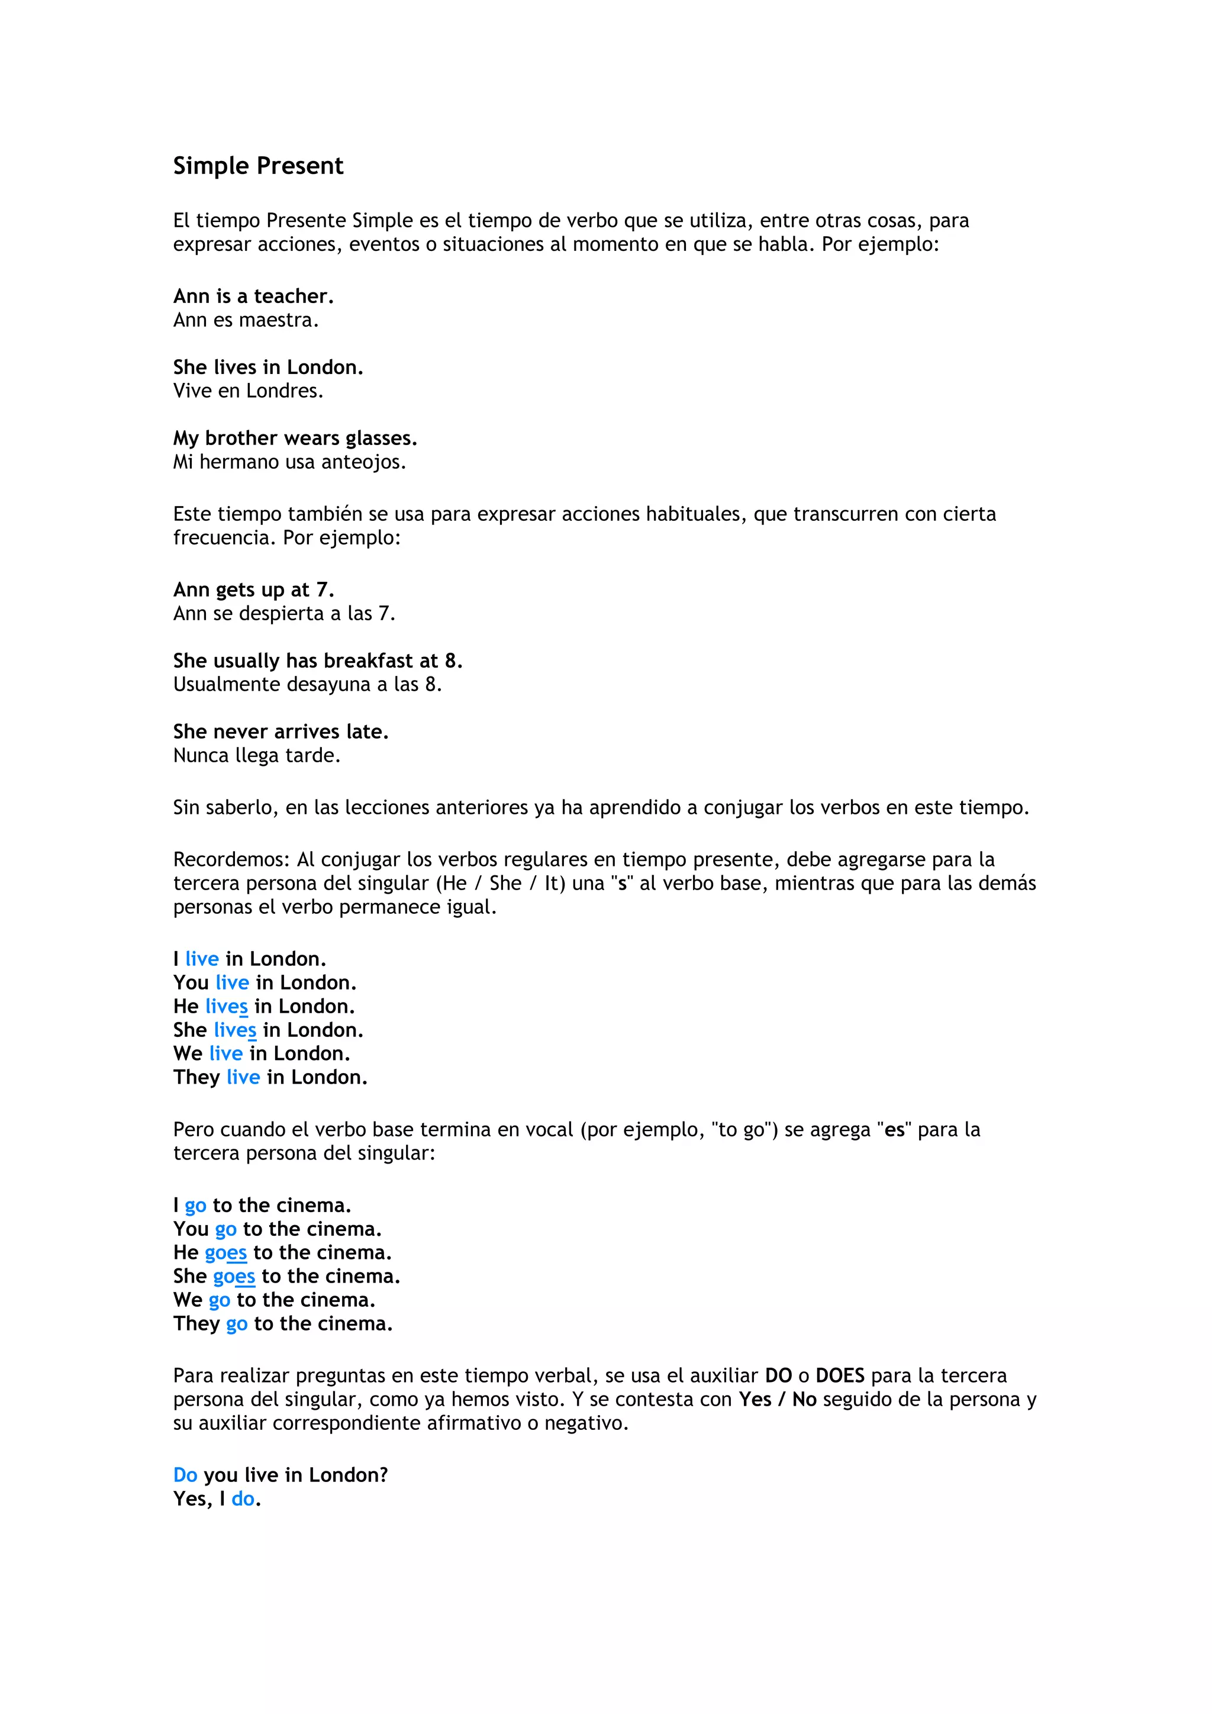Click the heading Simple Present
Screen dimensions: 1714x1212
258,166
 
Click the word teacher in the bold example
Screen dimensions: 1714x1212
294,297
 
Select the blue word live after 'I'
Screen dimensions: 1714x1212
201,959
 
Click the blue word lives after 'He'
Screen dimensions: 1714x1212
226,1007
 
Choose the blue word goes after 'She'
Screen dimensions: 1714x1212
234,1277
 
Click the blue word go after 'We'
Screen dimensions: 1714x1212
220,1300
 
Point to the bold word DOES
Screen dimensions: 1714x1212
840,1376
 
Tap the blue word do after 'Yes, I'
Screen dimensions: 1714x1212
243,1499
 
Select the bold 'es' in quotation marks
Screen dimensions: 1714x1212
894,1130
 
